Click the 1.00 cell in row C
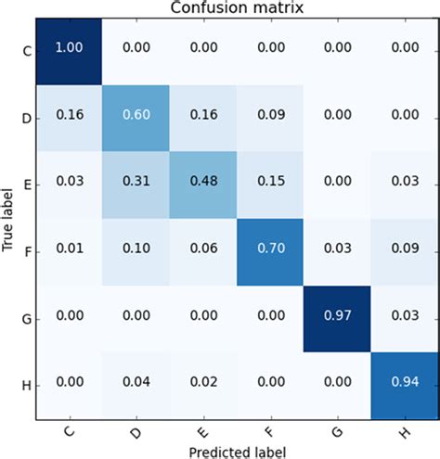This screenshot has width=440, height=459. (x=67, y=55)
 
